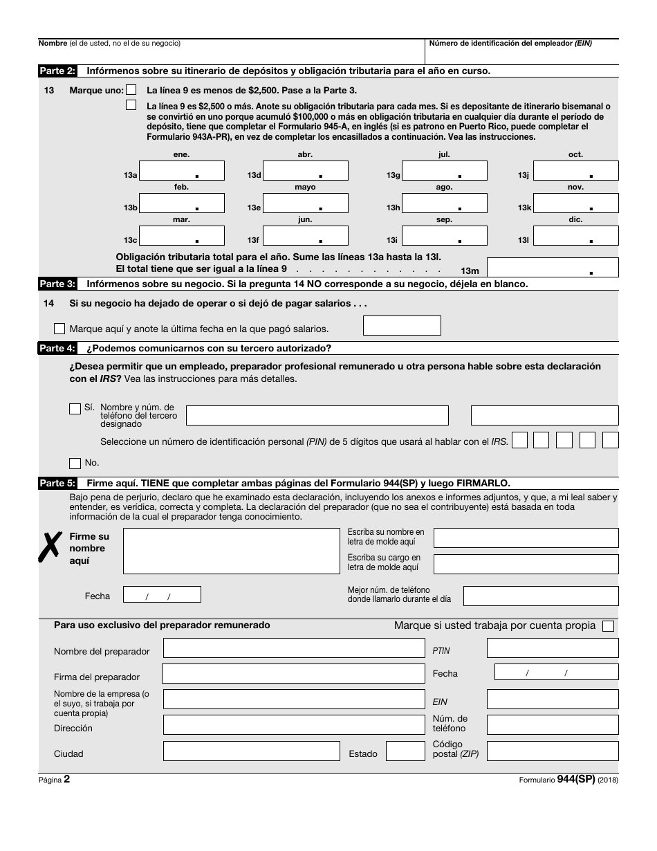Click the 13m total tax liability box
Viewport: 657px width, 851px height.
coord(553,268)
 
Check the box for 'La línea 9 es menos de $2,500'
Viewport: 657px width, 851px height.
coord(131,90)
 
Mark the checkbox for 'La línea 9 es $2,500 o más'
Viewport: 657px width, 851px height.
coord(131,106)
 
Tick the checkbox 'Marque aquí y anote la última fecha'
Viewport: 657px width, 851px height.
coord(59,329)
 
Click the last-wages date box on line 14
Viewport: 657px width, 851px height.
coord(402,325)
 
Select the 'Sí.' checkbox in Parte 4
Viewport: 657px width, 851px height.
coord(75,409)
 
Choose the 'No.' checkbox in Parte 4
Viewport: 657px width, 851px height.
coord(75,463)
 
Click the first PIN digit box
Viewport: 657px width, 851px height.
coord(519,440)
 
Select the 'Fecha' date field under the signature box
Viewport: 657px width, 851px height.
coord(162,595)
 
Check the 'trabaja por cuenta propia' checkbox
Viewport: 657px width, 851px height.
coord(608,626)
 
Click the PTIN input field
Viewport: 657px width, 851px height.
coord(553,648)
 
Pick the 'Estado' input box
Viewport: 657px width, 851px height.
coord(405,751)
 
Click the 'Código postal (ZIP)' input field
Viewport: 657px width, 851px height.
coord(553,751)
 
